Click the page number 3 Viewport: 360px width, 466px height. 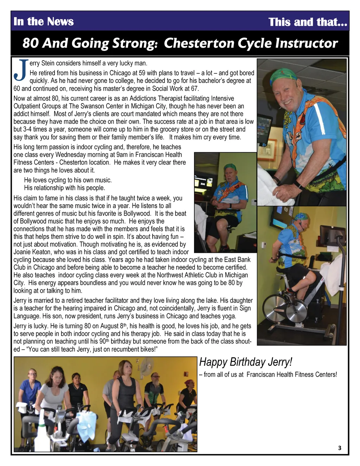(339, 448)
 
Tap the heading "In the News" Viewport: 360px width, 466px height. (43, 21)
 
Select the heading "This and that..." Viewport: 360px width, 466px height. (308, 22)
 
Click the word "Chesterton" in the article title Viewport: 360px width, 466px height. (199, 43)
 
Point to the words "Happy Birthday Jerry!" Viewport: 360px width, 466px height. (245, 362)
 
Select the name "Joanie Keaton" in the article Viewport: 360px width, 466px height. (32, 252)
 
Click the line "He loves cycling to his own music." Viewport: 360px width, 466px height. (68, 180)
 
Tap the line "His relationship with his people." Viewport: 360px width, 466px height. (64, 188)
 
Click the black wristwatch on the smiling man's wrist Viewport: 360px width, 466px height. (298, 185)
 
